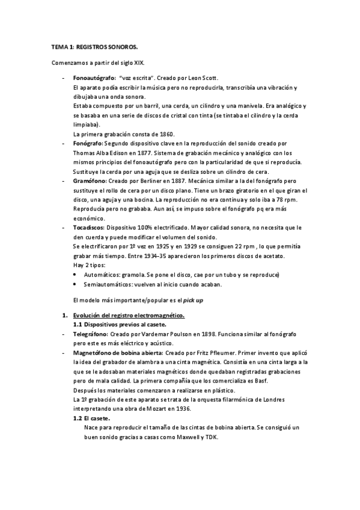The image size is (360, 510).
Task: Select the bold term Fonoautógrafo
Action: tap(94, 78)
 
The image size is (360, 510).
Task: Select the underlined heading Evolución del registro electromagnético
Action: tap(129, 316)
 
